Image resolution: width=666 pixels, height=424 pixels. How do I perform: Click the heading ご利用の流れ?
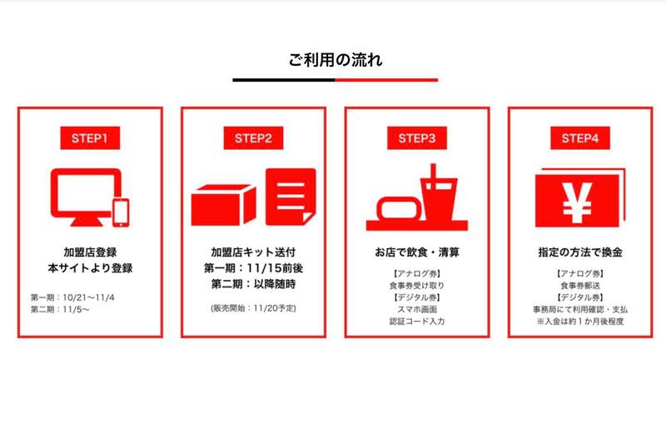[335, 60]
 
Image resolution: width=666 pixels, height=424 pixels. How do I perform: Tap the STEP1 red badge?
[90, 138]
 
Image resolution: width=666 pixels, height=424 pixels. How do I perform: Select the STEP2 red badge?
[254, 138]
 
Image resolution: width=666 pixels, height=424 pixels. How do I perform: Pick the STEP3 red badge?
[417, 138]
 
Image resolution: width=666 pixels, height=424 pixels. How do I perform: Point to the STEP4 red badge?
[580, 138]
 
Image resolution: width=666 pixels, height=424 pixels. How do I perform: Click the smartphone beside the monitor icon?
[121, 213]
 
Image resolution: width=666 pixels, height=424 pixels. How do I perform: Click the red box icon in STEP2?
[223, 205]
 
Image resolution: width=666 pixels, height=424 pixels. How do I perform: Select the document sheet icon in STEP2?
[291, 197]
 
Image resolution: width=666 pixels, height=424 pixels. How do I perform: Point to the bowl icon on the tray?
[400, 209]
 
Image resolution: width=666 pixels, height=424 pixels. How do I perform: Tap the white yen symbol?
[577, 203]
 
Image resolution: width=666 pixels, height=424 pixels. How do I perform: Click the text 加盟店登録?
[90, 252]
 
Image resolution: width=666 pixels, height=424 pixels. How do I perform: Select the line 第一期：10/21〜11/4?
[72, 297]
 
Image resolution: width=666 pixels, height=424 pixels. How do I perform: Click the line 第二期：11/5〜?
[60, 309]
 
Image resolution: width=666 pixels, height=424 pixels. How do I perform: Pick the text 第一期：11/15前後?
[254, 268]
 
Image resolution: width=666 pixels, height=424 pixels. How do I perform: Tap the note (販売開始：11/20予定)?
[254, 308]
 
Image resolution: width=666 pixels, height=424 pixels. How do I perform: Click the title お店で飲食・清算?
[417, 252]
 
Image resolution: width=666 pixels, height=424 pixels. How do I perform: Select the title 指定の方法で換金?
[580, 252]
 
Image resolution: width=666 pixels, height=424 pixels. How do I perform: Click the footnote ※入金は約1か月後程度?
[580, 322]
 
